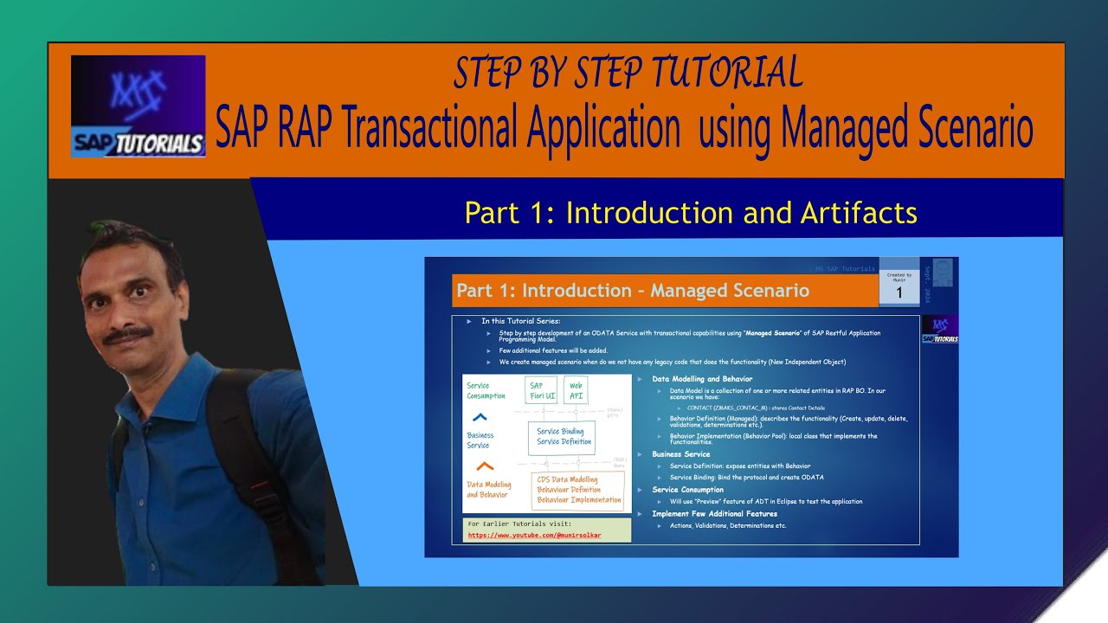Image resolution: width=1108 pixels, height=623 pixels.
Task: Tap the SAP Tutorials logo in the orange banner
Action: [x=138, y=106]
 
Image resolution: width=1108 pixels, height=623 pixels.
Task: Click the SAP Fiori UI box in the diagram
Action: [x=542, y=391]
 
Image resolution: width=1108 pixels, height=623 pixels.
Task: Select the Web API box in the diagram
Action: [x=576, y=391]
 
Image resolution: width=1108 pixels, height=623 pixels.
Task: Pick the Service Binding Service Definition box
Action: [x=564, y=436]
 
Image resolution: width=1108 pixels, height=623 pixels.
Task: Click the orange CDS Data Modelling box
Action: [x=578, y=490]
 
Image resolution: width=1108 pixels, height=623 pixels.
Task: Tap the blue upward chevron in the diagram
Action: [x=480, y=417]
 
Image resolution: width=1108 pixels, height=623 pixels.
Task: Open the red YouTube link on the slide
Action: [x=534, y=535]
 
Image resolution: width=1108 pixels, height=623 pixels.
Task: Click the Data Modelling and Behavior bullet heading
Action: [x=702, y=379]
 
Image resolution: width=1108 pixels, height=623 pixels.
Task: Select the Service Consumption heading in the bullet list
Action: [x=687, y=490]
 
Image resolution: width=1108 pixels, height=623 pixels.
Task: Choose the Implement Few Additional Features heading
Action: [x=714, y=514]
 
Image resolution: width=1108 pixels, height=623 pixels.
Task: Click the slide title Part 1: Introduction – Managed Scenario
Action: [x=632, y=291]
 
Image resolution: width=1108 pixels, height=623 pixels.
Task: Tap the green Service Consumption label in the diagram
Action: [x=486, y=391]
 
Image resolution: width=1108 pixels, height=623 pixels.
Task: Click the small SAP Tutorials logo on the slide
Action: [x=939, y=331]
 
